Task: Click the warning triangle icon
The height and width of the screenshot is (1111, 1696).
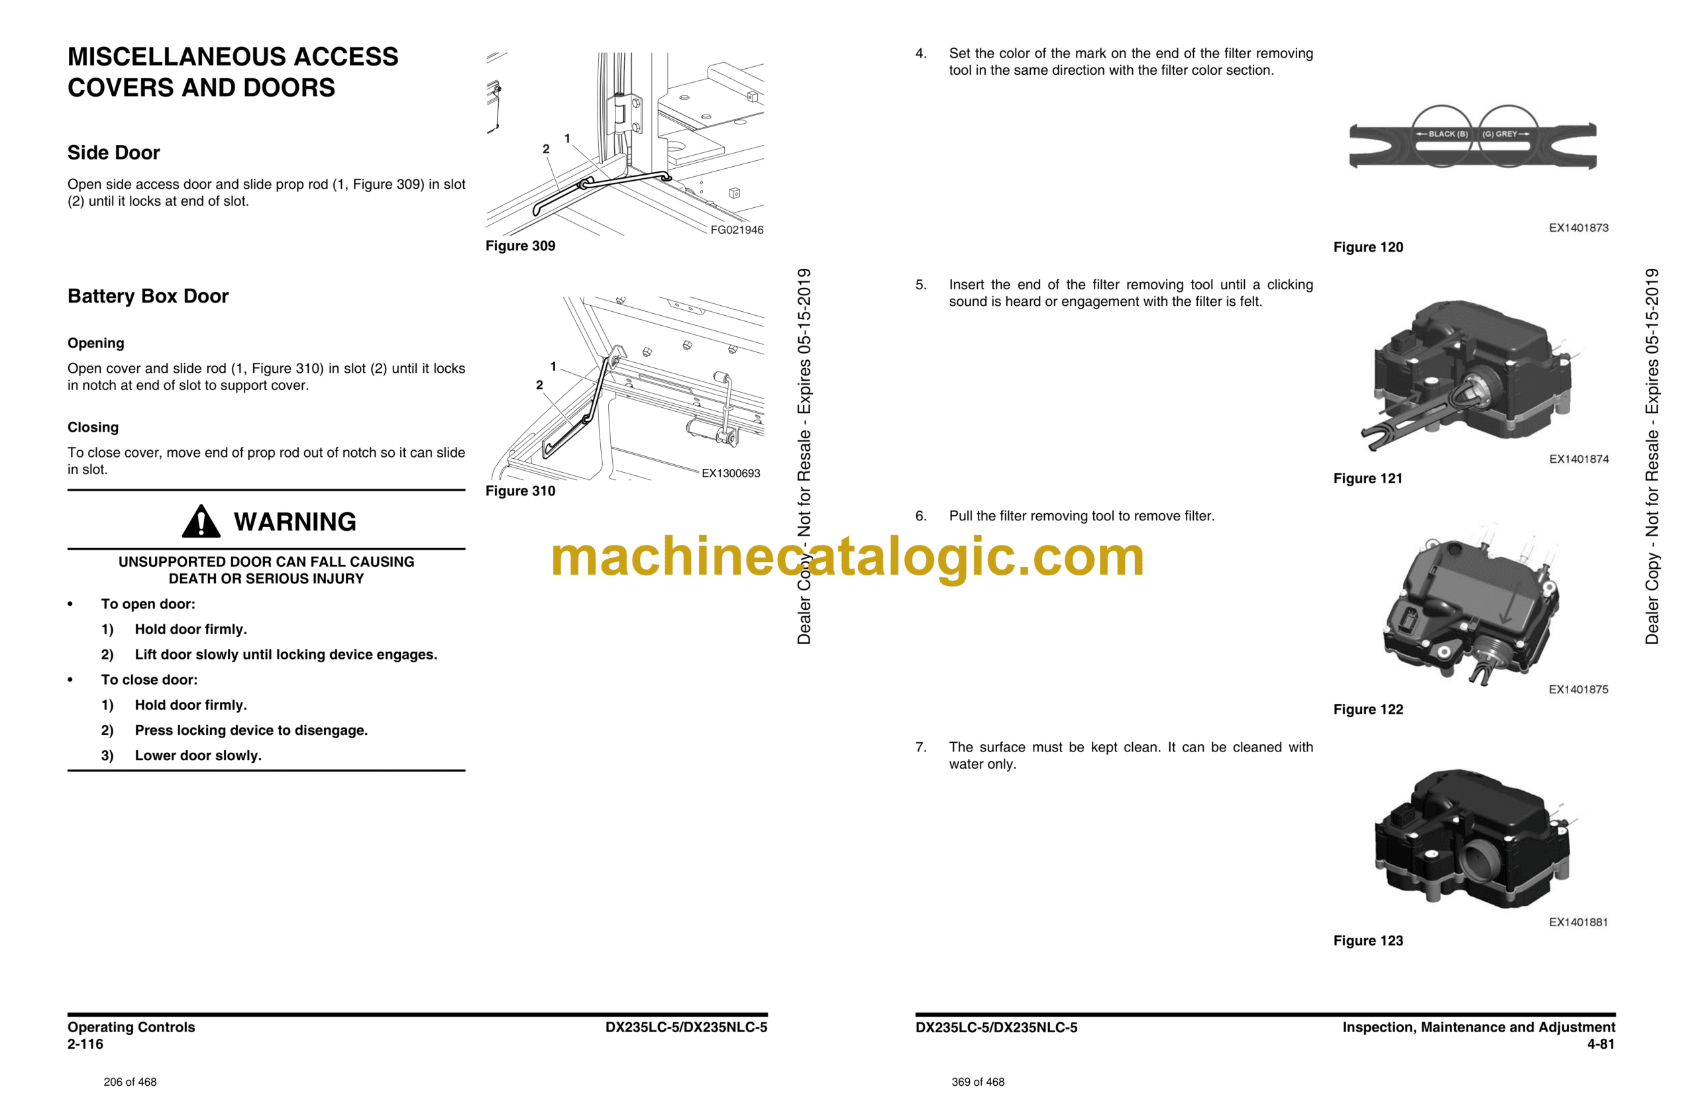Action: coord(201,521)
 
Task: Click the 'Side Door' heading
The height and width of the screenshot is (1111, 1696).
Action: coord(113,152)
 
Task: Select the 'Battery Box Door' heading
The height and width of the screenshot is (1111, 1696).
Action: coord(148,296)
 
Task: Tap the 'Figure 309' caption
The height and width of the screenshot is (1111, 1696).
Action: coord(520,246)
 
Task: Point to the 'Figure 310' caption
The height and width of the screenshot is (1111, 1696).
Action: coord(520,491)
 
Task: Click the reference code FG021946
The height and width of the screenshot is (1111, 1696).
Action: coord(737,230)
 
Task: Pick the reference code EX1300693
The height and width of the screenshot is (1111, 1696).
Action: coord(731,473)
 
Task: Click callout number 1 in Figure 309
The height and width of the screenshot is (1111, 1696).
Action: coord(567,138)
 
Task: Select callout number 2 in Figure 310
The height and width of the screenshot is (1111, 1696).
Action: coord(539,385)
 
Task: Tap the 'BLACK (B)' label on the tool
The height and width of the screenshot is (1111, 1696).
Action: coord(1448,134)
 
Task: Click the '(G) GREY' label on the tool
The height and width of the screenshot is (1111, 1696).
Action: coord(1500,134)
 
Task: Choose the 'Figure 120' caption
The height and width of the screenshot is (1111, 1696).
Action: coord(1368,247)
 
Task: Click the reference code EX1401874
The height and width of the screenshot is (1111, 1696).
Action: coord(1579,459)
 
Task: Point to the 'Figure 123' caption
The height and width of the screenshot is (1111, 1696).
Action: coord(1368,941)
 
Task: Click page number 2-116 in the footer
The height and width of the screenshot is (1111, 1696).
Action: coord(85,1044)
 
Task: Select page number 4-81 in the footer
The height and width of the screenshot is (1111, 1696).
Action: coord(1601,1044)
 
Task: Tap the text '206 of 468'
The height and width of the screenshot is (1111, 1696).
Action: coord(131,1082)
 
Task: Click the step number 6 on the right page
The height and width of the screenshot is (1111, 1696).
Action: coord(921,516)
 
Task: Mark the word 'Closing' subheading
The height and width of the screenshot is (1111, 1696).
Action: coord(93,427)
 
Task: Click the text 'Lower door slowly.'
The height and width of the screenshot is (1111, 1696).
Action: coord(198,755)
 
